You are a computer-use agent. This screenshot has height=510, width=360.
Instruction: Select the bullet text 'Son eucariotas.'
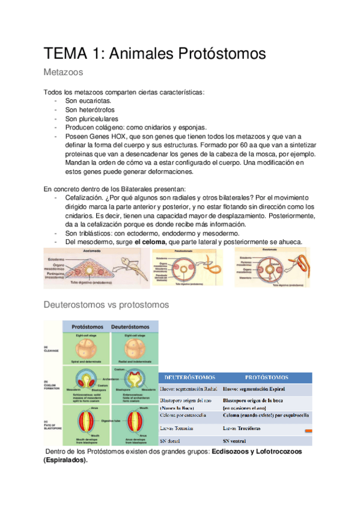(x=88, y=101)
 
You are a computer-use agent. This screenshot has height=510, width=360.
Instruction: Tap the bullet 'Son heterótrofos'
(x=90, y=110)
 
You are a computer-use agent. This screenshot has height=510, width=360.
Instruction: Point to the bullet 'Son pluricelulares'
(x=92, y=118)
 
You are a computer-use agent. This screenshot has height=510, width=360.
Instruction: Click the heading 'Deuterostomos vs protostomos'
(x=106, y=305)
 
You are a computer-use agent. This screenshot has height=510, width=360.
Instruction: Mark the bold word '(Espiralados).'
(x=66, y=460)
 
